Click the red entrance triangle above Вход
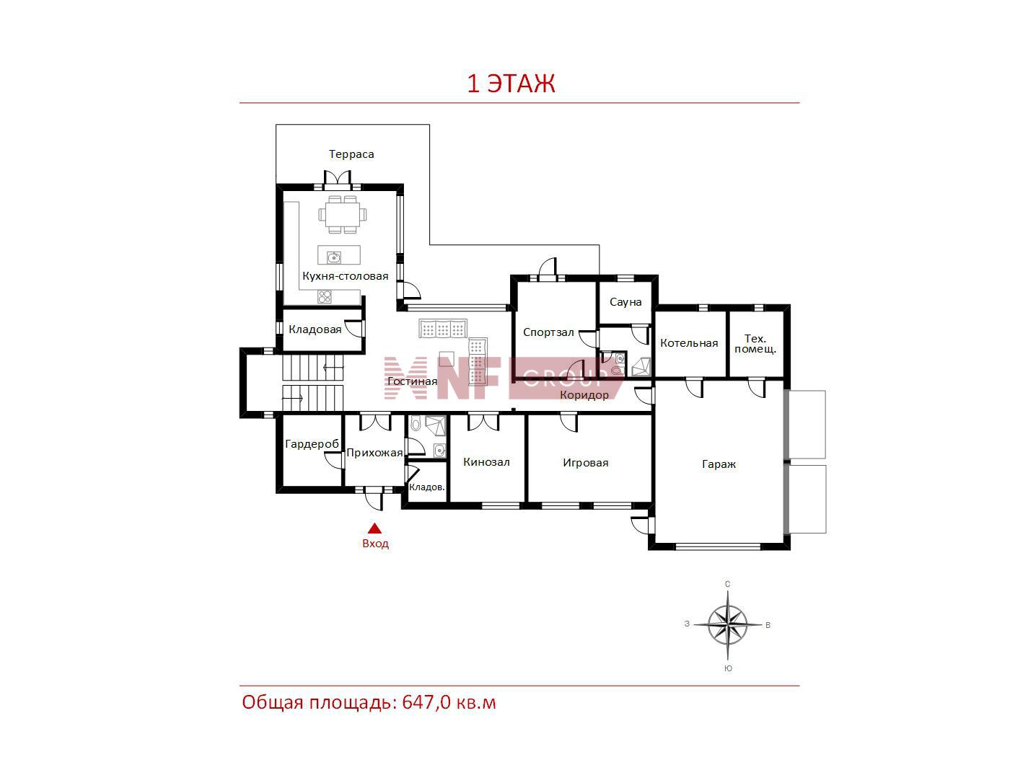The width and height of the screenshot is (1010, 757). point(374,528)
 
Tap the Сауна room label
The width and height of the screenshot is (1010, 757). point(625,302)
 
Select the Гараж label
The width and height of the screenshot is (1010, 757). point(719,464)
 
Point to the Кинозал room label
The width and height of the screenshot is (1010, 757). point(486,462)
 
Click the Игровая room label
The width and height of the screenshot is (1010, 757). point(585,463)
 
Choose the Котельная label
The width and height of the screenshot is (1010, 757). point(689,343)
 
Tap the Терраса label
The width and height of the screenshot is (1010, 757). point(351,154)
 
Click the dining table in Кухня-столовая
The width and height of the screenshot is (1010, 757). point(343,214)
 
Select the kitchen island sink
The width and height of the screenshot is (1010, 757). point(333,257)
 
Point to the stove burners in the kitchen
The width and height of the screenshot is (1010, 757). point(325,296)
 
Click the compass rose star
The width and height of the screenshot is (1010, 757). point(727,624)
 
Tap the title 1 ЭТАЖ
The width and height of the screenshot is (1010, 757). point(511,84)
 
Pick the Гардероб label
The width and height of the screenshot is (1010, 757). point(312,444)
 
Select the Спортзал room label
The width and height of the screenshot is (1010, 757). point(548,332)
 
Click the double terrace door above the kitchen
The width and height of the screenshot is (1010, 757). point(338,180)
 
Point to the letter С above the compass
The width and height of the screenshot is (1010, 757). point(727,584)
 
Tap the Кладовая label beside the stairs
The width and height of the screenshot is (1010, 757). point(315,329)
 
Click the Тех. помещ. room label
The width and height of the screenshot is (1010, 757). point(755,344)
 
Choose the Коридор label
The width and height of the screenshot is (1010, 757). point(584,395)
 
